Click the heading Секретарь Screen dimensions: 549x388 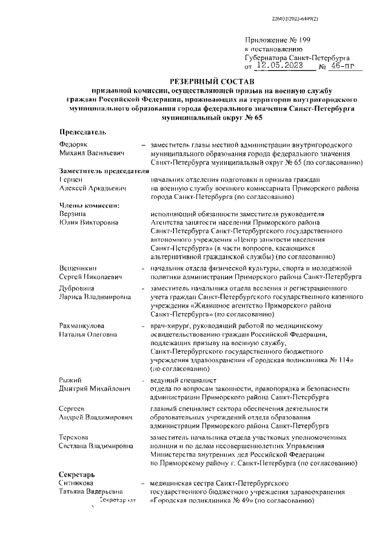tap(77, 472)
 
